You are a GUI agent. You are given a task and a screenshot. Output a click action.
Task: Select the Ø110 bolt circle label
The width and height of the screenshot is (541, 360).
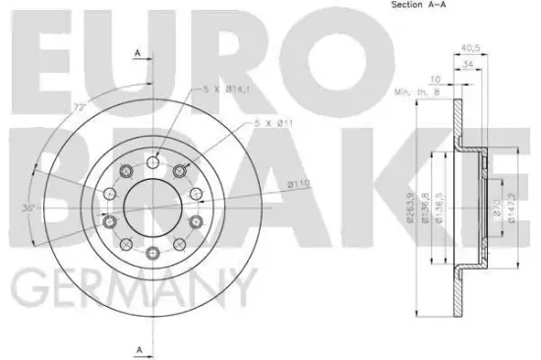(271, 184)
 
